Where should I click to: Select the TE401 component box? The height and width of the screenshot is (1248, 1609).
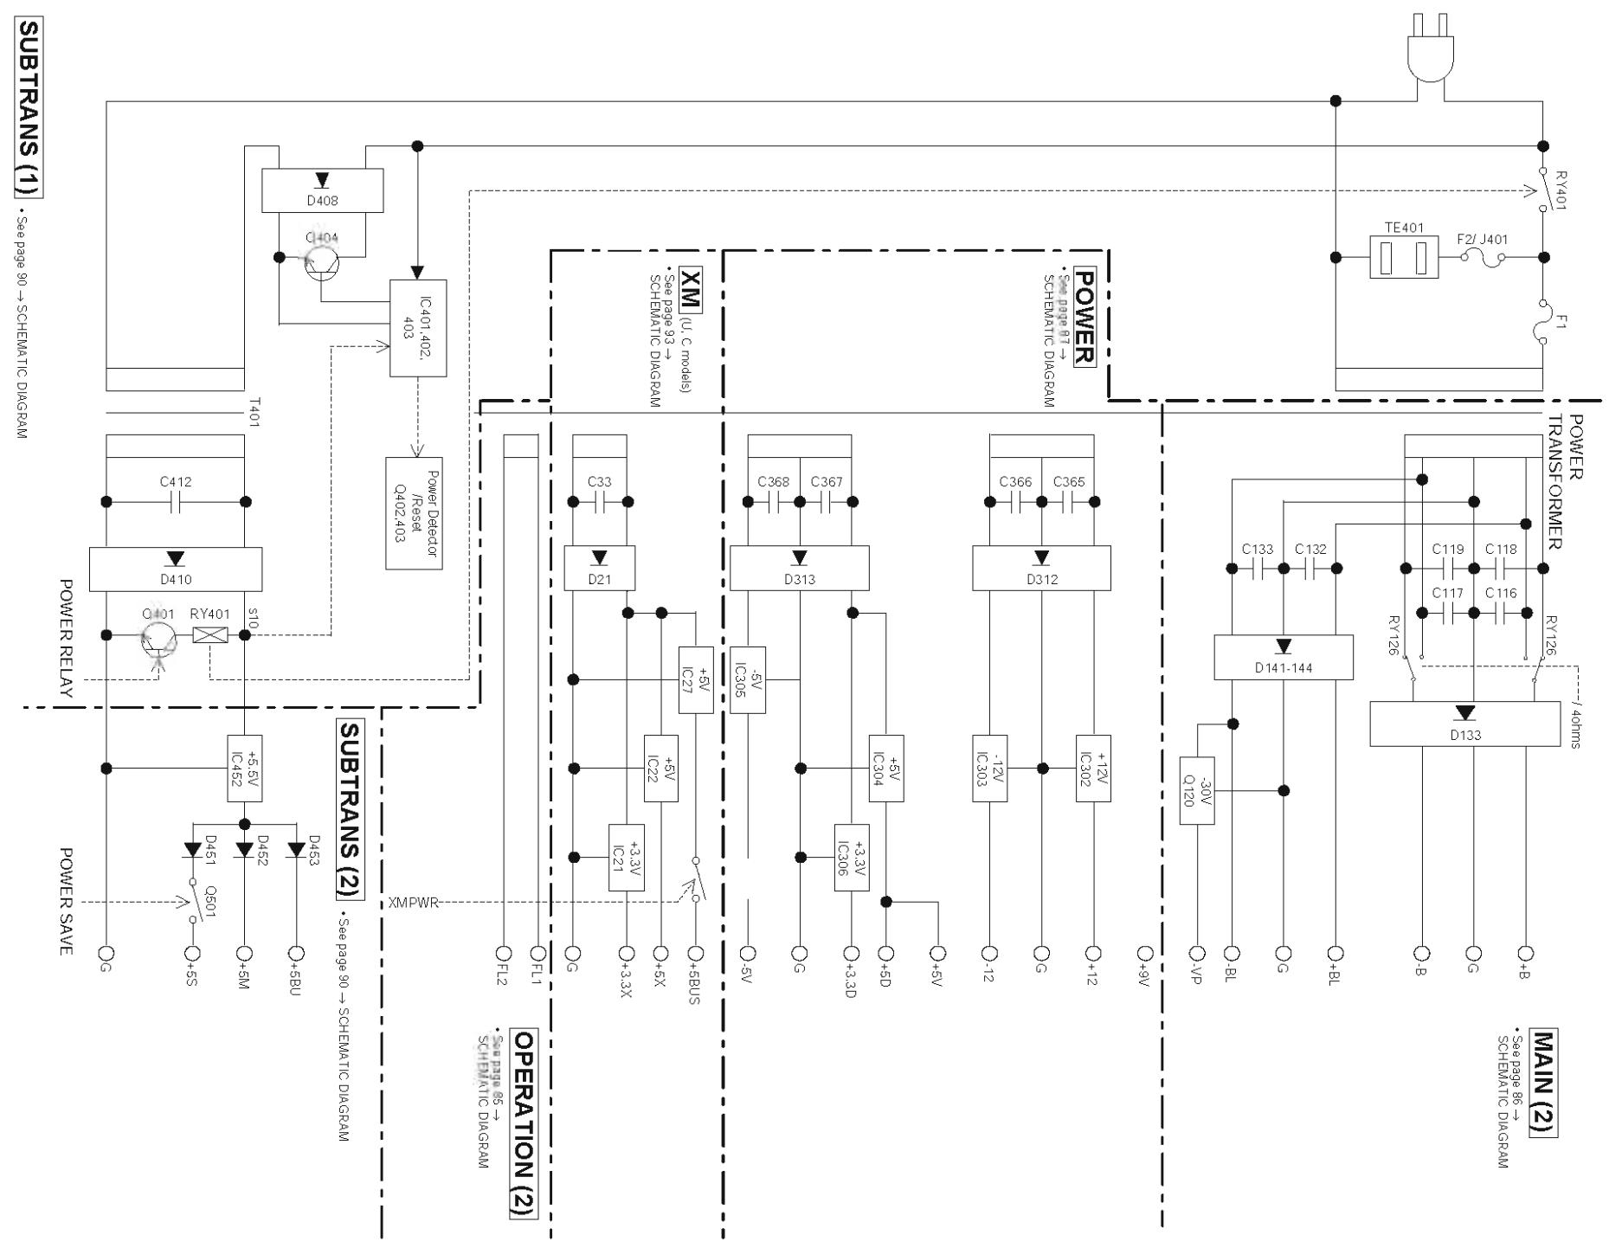[1404, 257]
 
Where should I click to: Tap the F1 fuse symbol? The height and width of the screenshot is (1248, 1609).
[1542, 322]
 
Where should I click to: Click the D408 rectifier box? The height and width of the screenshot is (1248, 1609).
[322, 190]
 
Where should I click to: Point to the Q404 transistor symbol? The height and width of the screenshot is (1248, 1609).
[322, 257]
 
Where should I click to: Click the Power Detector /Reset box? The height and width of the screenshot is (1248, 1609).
[414, 512]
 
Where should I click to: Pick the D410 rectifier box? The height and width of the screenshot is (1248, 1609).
[176, 569]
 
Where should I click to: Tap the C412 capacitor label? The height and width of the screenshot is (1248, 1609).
[176, 482]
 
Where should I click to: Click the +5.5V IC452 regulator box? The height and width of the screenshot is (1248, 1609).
[244, 768]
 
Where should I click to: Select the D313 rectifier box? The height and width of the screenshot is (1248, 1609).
[799, 569]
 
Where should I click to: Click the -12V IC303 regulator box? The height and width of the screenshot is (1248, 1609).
[989, 768]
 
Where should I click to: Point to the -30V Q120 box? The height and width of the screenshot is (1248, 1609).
[1197, 790]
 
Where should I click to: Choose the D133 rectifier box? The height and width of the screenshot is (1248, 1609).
[1464, 724]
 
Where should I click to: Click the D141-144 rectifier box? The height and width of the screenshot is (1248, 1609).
[1284, 658]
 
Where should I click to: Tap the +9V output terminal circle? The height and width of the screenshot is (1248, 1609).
[1145, 953]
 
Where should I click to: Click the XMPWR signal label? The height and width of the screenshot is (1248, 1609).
[414, 903]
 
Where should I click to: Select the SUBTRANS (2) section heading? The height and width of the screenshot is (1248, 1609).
[349, 809]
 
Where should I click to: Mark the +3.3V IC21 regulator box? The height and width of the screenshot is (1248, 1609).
[626, 857]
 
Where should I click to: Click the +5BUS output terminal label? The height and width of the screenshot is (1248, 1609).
[695, 985]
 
